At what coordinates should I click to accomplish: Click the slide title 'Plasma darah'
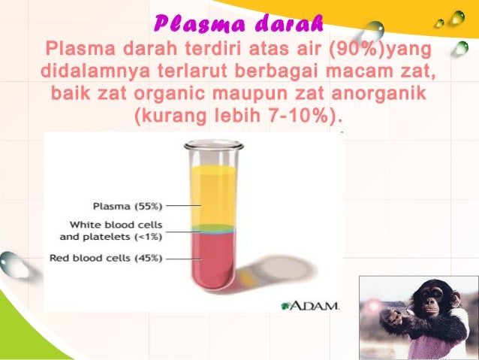point(239,24)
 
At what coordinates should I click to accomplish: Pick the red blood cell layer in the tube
point(214,259)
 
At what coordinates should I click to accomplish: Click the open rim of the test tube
point(215,144)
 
